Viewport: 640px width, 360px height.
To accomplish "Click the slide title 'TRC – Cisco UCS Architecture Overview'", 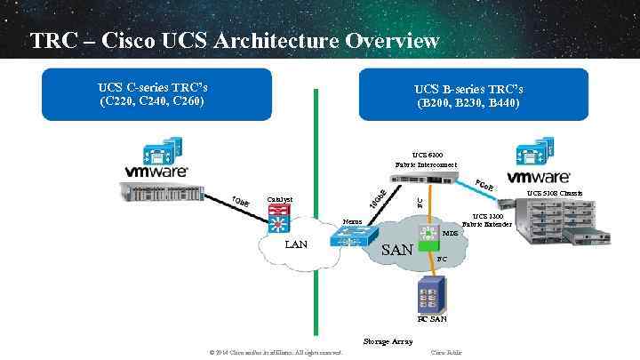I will coord(235,41).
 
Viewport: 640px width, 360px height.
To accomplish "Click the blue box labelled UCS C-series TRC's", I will coord(152,94).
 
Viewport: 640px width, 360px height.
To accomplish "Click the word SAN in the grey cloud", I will coord(396,250).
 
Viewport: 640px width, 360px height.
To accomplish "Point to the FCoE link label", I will coord(485,186).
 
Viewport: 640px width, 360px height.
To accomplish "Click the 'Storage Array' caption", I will coord(388,340).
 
